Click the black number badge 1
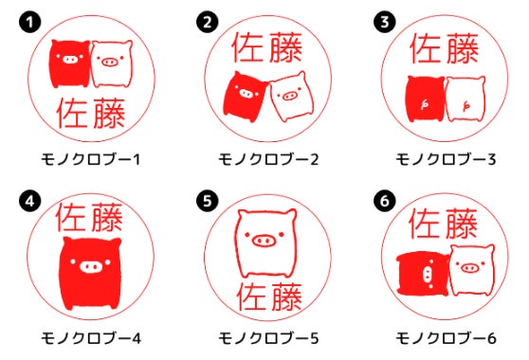tap(30, 22)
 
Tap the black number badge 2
tap(208, 22)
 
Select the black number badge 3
tap(385, 22)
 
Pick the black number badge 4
tap(30, 201)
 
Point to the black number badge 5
tap(208, 201)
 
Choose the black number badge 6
tap(385, 201)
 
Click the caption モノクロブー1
tap(90, 159)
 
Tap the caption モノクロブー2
tap(268, 159)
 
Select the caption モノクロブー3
tap(446, 159)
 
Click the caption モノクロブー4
tap(91, 338)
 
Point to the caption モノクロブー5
tap(268, 338)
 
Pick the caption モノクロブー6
tap(446, 338)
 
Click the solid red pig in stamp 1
tap(70, 63)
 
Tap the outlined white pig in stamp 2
tap(291, 97)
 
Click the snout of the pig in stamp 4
tap(91, 267)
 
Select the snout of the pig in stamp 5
tap(264, 241)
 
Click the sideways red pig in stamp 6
tap(423, 274)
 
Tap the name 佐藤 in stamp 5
tap(269, 297)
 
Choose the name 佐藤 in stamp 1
tap(91, 114)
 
